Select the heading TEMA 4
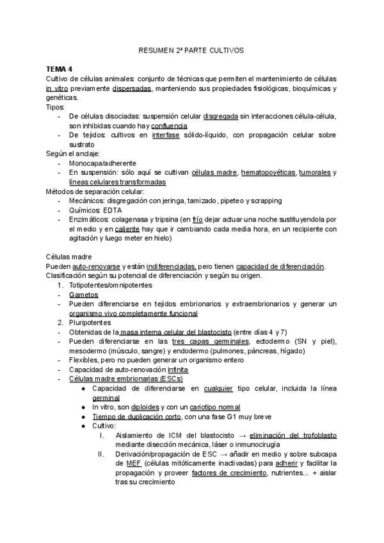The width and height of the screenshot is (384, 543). pos(59,69)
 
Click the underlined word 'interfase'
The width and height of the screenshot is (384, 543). pos(166,136)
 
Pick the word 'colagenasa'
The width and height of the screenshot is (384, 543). pos(129,220)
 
